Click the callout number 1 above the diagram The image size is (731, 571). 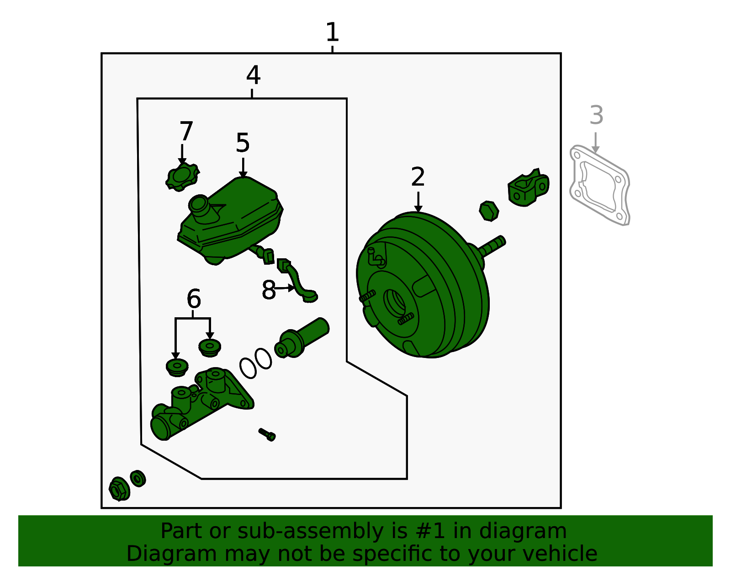coord(332,32)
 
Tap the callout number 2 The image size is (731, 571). coord(418,176)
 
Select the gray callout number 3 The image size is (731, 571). coord(596,115)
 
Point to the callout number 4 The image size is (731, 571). coord(253,75)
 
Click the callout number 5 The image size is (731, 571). coord(243,143)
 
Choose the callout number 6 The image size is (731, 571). coord(194,299)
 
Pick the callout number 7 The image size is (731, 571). coord(186,131)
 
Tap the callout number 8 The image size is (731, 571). coord(269,290)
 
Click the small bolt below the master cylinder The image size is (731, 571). coord(267,434)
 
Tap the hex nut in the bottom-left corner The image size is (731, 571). coord(119,489)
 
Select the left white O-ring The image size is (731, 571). coord(248,368)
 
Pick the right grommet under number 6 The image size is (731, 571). coord(210,347)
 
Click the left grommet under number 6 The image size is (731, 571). coord(177,368)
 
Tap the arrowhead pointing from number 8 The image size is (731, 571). coord(291,288)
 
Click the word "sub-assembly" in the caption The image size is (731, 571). coord(310,531)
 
